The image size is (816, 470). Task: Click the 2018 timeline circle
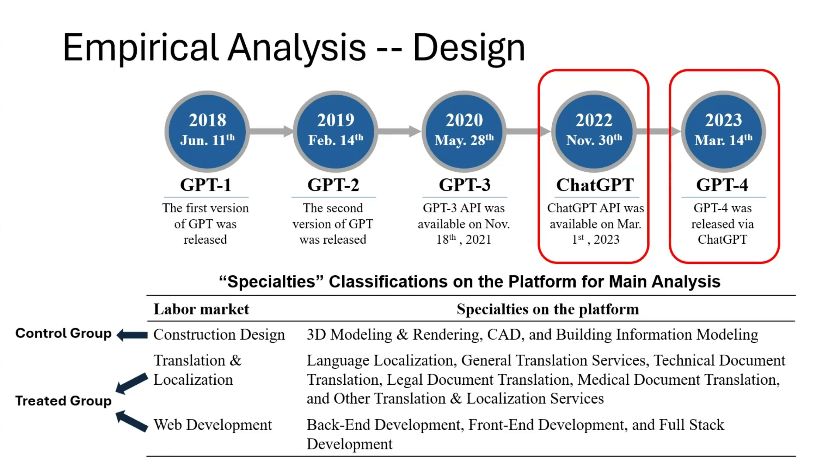(207, 132)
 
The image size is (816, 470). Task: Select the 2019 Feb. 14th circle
(336, 132)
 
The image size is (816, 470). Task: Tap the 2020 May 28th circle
(464, 132)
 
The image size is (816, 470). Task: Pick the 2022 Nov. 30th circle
(594, 132)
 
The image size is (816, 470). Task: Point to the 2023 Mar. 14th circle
(724, 132)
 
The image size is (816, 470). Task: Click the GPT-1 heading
(206, 185)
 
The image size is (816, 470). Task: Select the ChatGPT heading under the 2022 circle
(595, 185)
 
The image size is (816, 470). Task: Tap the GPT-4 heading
(722, 185)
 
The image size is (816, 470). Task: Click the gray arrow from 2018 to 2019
(271, 132)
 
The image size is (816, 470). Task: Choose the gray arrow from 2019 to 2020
(400, 132)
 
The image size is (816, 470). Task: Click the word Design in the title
(469, 49)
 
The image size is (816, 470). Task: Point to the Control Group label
(63, 333)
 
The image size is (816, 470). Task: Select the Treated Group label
(63, 401)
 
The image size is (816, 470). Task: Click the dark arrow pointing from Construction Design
(132, 335)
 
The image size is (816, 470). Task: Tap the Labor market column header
(201, 309)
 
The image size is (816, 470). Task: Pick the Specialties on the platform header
(548, 309)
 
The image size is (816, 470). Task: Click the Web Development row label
(213, 425)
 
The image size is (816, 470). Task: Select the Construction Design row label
(219, 335)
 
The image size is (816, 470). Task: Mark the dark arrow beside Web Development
(132, 421)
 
